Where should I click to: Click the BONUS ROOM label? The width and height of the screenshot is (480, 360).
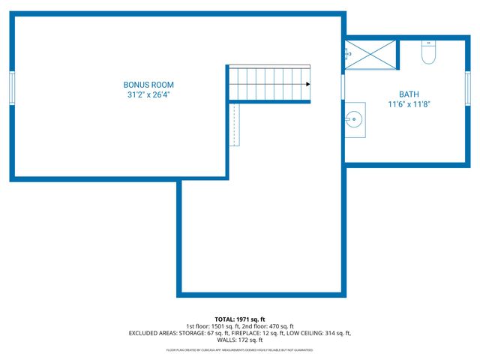click(x=148, y=85)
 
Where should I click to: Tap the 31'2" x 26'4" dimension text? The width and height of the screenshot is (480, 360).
click(x=148, y=94)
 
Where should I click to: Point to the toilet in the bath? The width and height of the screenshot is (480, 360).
click(x=428, y=52)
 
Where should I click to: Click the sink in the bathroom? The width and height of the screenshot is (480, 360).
click(x=355, y=120)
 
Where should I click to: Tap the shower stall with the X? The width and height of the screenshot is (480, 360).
click(x=370, y=54)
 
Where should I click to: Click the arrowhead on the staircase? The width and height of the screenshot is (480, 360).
click(x=307, y=84)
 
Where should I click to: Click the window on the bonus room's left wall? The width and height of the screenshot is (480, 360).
click(x=12, y=88)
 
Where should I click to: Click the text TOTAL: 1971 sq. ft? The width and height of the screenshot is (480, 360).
click(x=239, y=319)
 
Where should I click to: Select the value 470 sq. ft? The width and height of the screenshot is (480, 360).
click(x=281, y=326)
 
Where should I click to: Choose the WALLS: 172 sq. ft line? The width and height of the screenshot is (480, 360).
click(x=239, y=340)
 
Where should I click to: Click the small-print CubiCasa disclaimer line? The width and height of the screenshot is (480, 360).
click(x=239, y=350)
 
